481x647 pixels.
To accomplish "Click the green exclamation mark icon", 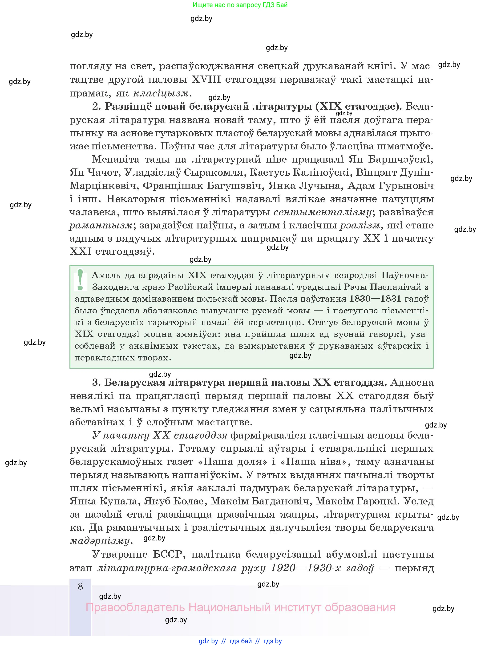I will click(x=80, y=280).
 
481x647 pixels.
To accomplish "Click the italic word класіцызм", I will click(x=161, y=93).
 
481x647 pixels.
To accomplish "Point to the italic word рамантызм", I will click(x=101, y=225).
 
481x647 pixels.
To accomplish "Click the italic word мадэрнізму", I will click(x=100, y=541).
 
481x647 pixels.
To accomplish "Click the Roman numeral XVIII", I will click(x=206, y=80).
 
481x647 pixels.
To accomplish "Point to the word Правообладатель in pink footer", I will click(x=135, y=607).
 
